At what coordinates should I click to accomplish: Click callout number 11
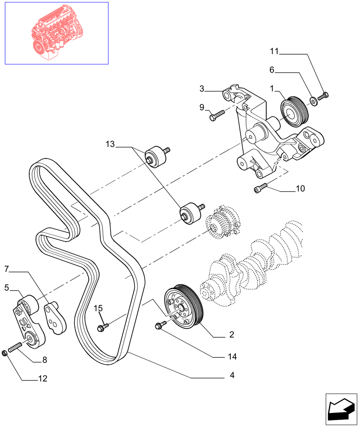tap(274, 52)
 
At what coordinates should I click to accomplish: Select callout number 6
tap(271, 70)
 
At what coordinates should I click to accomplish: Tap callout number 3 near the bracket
tap(202, 89)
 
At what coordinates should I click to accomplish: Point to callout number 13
tap(110, 145)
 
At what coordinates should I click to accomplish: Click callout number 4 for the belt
tap(232, 376)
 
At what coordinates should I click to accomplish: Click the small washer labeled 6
tap(313, 101)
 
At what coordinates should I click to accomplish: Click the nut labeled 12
tap(5, 352)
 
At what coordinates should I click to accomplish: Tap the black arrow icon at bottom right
tap(341, 409)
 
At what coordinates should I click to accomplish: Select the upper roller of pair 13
tap(156, 155)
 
